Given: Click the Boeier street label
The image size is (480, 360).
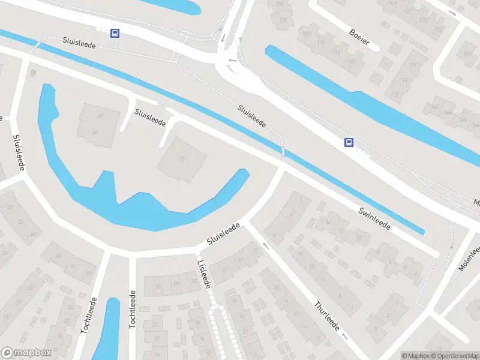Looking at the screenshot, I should click(360, 37).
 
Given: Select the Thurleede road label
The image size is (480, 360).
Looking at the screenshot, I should click(327, 316).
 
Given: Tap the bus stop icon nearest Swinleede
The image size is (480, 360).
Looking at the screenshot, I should click(349, 142).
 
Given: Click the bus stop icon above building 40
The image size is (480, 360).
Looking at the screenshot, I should click(114, 33).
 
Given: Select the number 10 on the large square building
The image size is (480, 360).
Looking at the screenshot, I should click(181, 159).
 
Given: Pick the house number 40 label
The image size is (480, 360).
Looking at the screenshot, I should click(100, 116).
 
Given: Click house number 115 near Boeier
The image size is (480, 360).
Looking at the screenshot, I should click(283, 20).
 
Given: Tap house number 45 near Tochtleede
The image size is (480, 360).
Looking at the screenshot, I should click(58, 256).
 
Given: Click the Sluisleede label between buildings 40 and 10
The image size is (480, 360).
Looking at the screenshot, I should click(150, 117).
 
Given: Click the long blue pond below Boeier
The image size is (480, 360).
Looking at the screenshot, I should click(372, 108).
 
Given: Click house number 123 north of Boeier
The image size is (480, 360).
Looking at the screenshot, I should click(439, 29).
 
